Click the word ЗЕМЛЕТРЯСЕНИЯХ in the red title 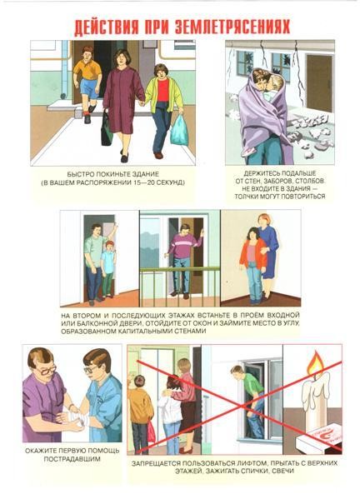(232, 27)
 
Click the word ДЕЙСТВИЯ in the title (106, 27)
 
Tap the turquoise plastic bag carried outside (180, 131)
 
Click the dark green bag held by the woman (106, 129)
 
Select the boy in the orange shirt (87, 82)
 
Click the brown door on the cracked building (319, 82)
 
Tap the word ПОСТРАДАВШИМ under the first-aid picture (72, 459)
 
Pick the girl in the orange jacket (252, 265)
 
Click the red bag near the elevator (151, 432)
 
